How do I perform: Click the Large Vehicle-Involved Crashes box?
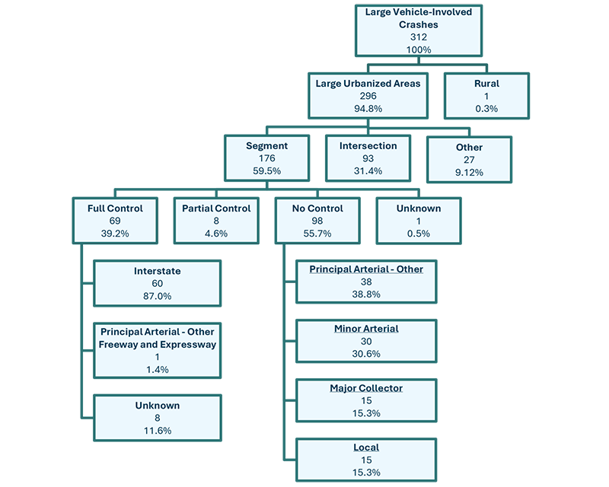point(418,31)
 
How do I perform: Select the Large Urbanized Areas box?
point(368,96)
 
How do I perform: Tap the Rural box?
point(486,96)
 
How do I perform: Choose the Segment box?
point(266,159)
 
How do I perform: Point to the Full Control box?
point(115,221)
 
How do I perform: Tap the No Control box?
point(317,221)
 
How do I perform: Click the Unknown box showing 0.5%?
point(418,221)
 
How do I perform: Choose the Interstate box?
point(157,283)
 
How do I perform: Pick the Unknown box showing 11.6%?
point(157,418)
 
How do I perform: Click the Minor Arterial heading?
point(366,329)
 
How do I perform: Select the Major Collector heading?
point(366,388)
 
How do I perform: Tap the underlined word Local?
point(366,447)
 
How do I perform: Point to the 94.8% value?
point(368,109)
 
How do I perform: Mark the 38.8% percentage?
point(366,294)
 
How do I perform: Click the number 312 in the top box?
point(418,37)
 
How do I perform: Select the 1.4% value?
point(157,370)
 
